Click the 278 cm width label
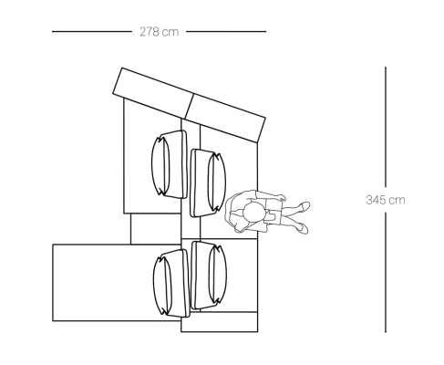tap(160, 32)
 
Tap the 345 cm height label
tap(386, 200)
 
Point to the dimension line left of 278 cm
tap(92, 31)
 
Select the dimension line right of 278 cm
tap(226, 31)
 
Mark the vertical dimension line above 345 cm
tap(386, 127)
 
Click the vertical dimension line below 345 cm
tap(386, 273)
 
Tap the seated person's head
tap(253, 212)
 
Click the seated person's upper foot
tap(304, 206)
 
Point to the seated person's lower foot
tap(303, 228)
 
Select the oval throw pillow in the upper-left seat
tap(160, 166)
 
